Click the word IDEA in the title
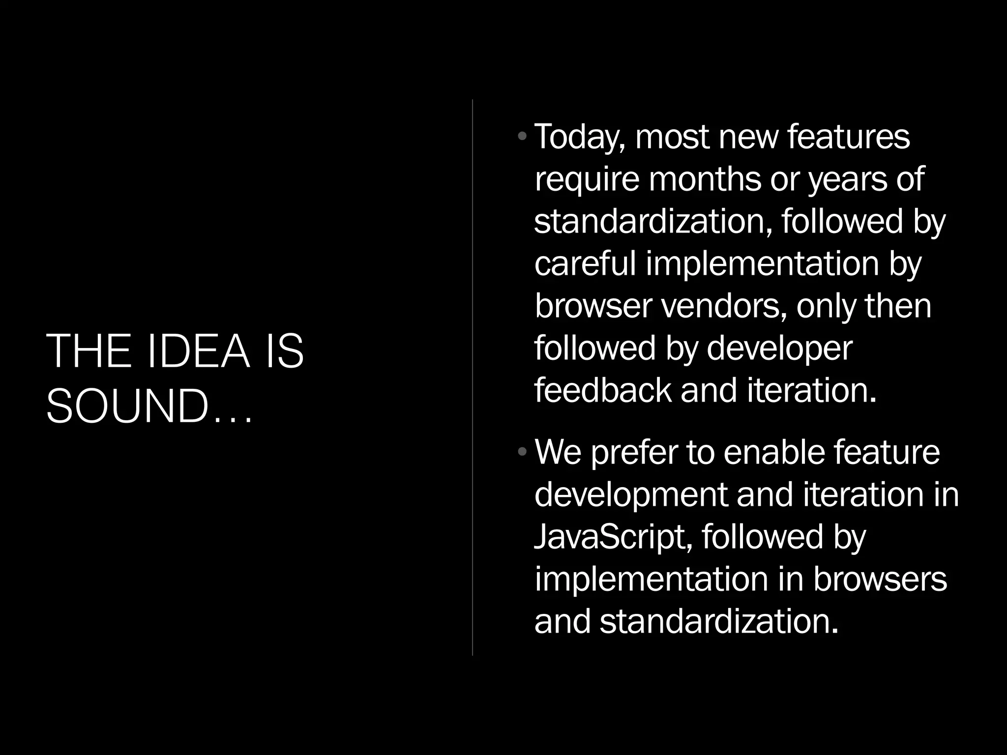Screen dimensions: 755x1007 pos(199,351)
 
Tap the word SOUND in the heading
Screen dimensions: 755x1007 pos(127,407)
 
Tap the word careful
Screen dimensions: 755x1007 pos(585,263)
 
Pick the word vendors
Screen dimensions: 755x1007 pos(721,306)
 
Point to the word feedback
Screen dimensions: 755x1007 pos(603,390)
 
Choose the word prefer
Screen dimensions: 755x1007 pos(634,453)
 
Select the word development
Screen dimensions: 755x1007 pos(631,495)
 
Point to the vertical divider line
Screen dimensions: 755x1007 pos(473,377)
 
